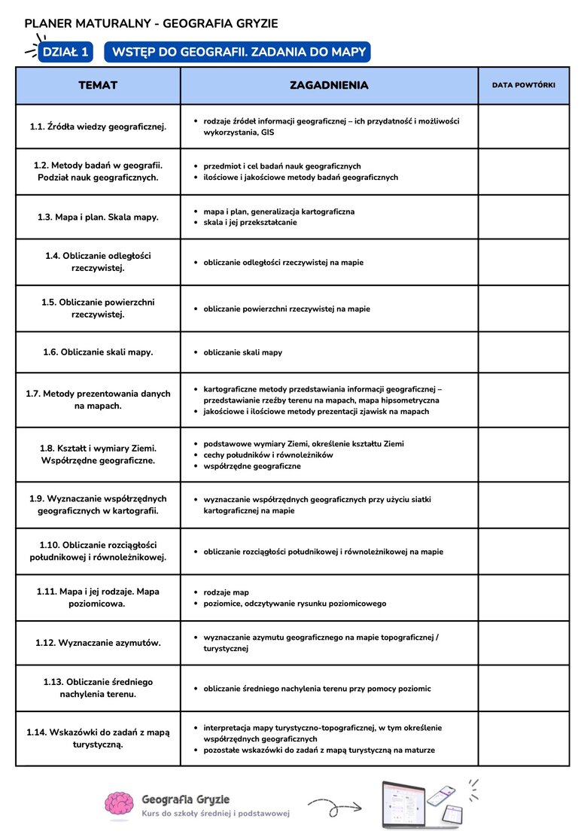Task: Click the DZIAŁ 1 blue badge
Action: tap(65, 52)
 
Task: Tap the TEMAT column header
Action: tap(98, 85)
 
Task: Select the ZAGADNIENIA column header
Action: tap(329, 85)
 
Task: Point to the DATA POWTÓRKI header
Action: tap(524, 85)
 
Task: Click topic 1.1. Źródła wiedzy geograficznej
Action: tap(98, 126)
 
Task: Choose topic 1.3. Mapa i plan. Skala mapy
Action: tap(98, 217)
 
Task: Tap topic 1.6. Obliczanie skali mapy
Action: tap(98, 352)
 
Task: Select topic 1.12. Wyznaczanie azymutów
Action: tap(98, 643)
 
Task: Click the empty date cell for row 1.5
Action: tap(524, 309)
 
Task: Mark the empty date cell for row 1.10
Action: tap(524, 551)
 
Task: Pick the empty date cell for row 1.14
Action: tap(524, 738)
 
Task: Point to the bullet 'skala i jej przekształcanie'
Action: tap(250, 222)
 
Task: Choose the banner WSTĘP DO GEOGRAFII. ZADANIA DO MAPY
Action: tap(239, 52)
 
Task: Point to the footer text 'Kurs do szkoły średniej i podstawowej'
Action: tap(215, 813)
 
